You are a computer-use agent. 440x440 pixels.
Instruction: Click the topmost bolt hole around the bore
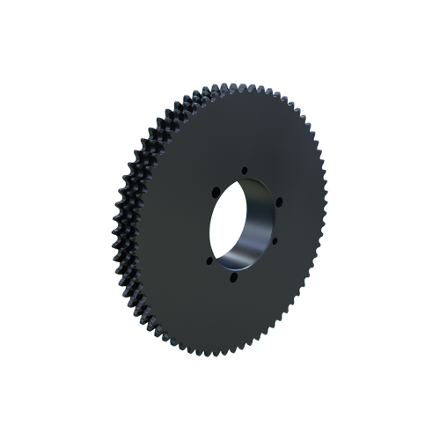(245, 172)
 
